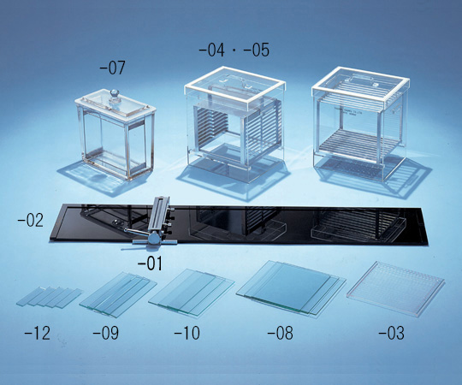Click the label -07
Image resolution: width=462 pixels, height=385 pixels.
coord(112,68)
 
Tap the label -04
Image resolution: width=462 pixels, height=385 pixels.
coord(211,50)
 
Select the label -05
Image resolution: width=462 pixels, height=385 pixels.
coord(256,50)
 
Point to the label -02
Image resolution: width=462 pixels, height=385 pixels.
coord(30,220)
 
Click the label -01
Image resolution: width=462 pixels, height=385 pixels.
coord(150,264)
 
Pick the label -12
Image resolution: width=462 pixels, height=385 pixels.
coord(37,333)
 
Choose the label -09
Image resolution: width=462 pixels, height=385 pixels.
coord(105,333)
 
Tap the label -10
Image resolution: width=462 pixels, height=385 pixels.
coord(187,333)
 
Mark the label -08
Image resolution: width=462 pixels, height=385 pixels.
coord(280,333)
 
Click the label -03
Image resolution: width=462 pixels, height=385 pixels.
coord(391,333)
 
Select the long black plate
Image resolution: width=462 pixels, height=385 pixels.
coord(239,225)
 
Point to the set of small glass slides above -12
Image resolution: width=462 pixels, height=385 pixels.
coord(50,297)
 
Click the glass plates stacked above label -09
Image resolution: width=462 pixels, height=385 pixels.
coord(118,294)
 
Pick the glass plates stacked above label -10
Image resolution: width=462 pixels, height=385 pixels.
coord(192,291)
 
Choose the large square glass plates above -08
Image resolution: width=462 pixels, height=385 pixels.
coord(291,287)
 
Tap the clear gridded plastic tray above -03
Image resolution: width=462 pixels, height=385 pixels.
coord(396,287)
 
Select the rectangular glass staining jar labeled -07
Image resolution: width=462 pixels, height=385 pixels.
coord(115,134)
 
